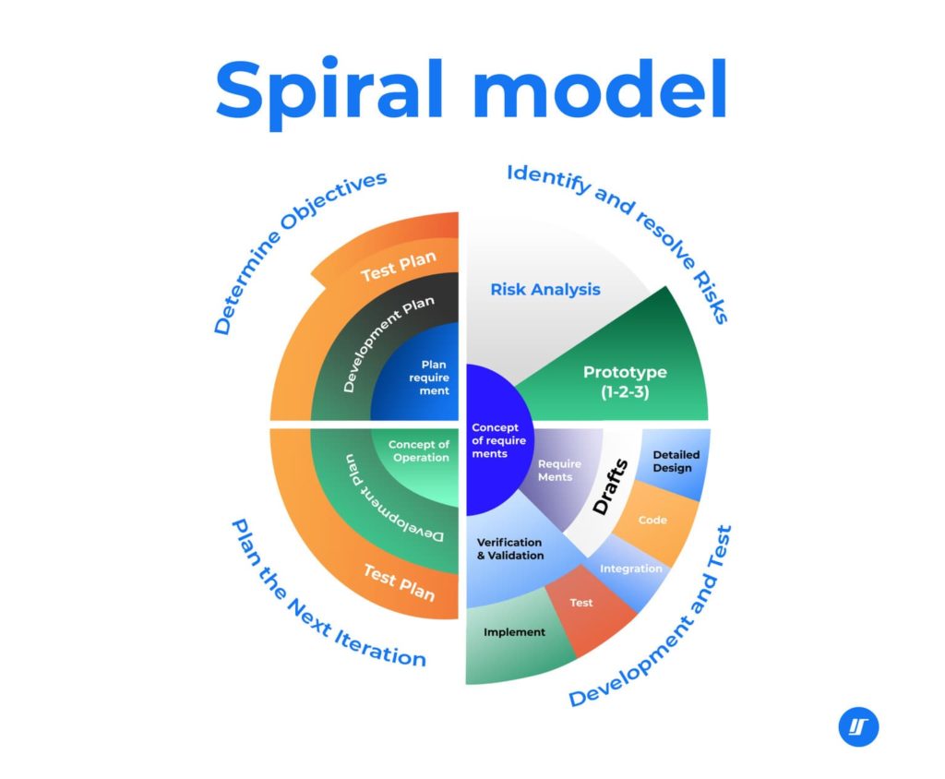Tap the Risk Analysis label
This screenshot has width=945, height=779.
click(544, 289)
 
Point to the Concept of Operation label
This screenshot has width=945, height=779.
click(418, 451)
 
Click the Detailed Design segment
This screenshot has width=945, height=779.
click(676, 461)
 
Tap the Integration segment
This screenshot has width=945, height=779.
click(630, 569)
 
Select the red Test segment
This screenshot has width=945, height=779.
click(581, 604)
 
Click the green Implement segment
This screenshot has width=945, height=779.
click(514, 633)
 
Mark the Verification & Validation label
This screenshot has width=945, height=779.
click(509, 548)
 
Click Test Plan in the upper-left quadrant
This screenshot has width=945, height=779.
click(398, 270)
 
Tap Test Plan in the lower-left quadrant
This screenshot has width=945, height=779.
click(399, 581)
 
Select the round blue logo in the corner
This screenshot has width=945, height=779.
click(858, 726)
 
